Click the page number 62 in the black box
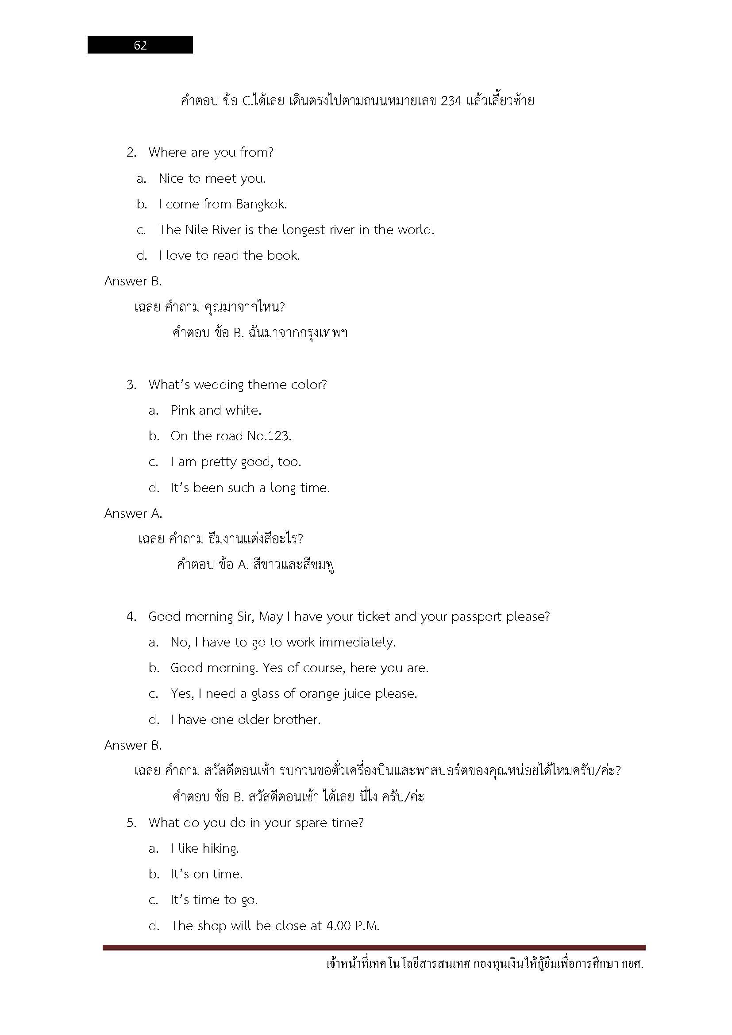140,45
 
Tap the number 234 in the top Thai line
451,100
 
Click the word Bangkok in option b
261,204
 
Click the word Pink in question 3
182,410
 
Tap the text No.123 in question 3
269,436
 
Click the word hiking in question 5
220,849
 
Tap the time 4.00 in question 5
339,926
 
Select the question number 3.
131,385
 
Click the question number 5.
131,823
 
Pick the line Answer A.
133,513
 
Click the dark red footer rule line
374,948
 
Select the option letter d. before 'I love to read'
142,256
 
